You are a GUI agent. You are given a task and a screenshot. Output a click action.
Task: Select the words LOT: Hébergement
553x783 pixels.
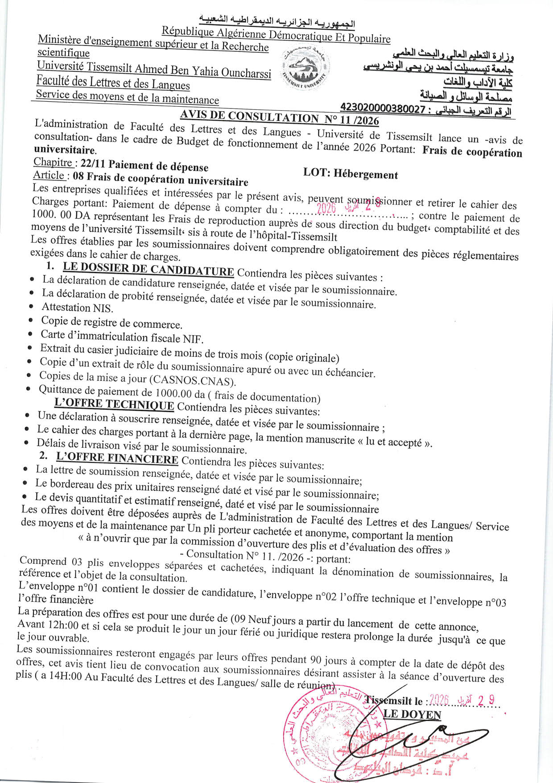coord(351,173)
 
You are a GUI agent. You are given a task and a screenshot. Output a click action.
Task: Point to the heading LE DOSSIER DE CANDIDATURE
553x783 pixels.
coord(148,269)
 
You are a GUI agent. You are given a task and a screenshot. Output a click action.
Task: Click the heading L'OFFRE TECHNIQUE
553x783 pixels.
coord(114,404)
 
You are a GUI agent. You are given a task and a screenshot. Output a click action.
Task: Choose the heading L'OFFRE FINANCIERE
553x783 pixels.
coord(117,458)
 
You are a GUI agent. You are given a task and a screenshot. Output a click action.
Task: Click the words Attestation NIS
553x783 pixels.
coord(77,308)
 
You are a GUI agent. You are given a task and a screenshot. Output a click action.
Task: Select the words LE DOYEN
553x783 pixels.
coord(412,714)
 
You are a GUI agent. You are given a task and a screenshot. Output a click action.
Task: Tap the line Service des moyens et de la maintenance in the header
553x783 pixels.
coord(127,97)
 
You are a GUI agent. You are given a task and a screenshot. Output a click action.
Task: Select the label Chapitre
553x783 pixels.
coord(53,162)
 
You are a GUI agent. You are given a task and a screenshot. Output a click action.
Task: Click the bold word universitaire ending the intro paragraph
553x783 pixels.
coord(65,150)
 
